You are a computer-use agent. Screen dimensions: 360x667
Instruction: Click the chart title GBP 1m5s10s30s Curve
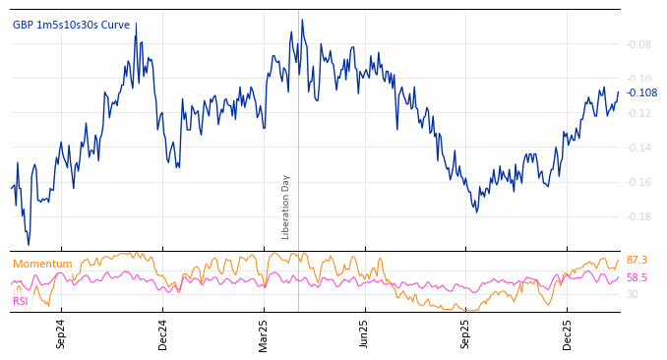click(x=71, y=25)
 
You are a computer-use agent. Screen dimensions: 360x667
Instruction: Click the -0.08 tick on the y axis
click(x=639, y=44)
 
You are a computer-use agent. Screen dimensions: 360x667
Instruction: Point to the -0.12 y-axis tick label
click(x=639, y=113)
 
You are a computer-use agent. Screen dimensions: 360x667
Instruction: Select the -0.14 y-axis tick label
click(x=639, y=148)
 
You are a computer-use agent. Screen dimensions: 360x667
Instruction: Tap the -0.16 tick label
click(x=639, y=182)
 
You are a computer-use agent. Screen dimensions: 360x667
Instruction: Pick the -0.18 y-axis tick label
click(x=639, y=216)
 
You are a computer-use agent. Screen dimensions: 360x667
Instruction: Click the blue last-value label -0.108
click(x=641, y=92)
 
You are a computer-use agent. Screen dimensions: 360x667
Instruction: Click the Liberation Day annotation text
click(x=286, y=207)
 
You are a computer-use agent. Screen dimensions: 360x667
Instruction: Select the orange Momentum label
click(x=42, y=264)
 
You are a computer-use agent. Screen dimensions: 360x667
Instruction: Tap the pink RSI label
click(x=21, y=301)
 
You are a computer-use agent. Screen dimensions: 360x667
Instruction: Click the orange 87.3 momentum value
click(x=637, y=260)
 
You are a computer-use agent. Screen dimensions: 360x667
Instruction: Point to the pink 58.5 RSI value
click(x=637, y=278)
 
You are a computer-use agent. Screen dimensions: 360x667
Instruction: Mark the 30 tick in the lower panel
click(x=633, y=294)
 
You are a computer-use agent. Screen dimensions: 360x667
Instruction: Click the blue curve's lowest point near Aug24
click(x=29, y=244)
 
